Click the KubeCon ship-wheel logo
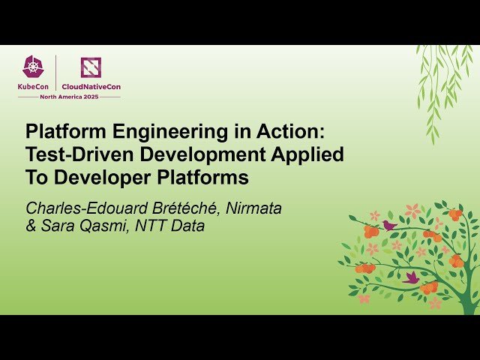click(x=33, y=67)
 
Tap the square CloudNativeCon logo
click(x=91, y=67)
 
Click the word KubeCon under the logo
click(x=33, y=87)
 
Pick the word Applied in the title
click(x=312, y=155)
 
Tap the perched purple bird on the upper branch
click(x=389, y=224)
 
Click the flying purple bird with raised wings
click(x=411, y=277)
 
